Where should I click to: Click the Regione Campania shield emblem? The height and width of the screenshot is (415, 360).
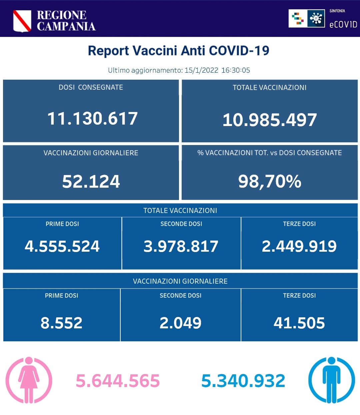click(x=22, y=21)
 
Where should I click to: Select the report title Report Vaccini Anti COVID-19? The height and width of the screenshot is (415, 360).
click(x=178, y=51)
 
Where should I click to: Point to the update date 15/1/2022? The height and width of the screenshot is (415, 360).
click(x=201, y=70)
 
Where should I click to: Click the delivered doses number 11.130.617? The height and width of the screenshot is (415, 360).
click(x=92, y=119)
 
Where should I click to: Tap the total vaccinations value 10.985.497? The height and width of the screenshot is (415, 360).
click(x=269, y=120)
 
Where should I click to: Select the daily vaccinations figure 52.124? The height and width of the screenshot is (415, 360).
click(x=91, y=182)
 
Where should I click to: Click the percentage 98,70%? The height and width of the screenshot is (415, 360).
click(x=270, y=182)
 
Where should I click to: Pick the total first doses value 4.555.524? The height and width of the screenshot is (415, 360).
click(x=62, y=246)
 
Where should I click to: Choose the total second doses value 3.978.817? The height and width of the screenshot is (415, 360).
click(x=181, y=246)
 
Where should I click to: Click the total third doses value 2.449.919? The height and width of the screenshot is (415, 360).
click(x=299, y=246)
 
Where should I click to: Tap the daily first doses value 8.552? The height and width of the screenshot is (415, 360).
click(x=61, y=323)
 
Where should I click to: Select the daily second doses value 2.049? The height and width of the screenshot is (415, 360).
click(x=180, y=323)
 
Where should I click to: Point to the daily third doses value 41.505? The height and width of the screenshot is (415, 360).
click(x=299, y=323)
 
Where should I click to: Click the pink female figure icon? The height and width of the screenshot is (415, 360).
click(x=29, y=380)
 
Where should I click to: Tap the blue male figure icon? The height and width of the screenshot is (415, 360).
click(x=331, y=380)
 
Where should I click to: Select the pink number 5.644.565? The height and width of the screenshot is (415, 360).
click(x=118, y=381)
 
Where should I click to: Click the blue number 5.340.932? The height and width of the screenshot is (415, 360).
click(x=243, y=381)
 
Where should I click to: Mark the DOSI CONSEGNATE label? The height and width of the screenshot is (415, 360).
click(x=91, y=87)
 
